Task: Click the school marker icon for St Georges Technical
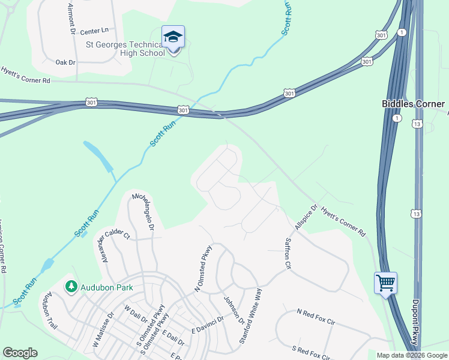point(173,38)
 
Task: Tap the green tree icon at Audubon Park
point(71,287)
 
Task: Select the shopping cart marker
point(385,282)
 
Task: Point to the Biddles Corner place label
point(415,104)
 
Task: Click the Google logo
point(20,353)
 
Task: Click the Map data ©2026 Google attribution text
point(411,355)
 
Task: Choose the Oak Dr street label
point(65,62)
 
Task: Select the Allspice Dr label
point(305,217)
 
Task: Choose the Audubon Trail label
point(49,310)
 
